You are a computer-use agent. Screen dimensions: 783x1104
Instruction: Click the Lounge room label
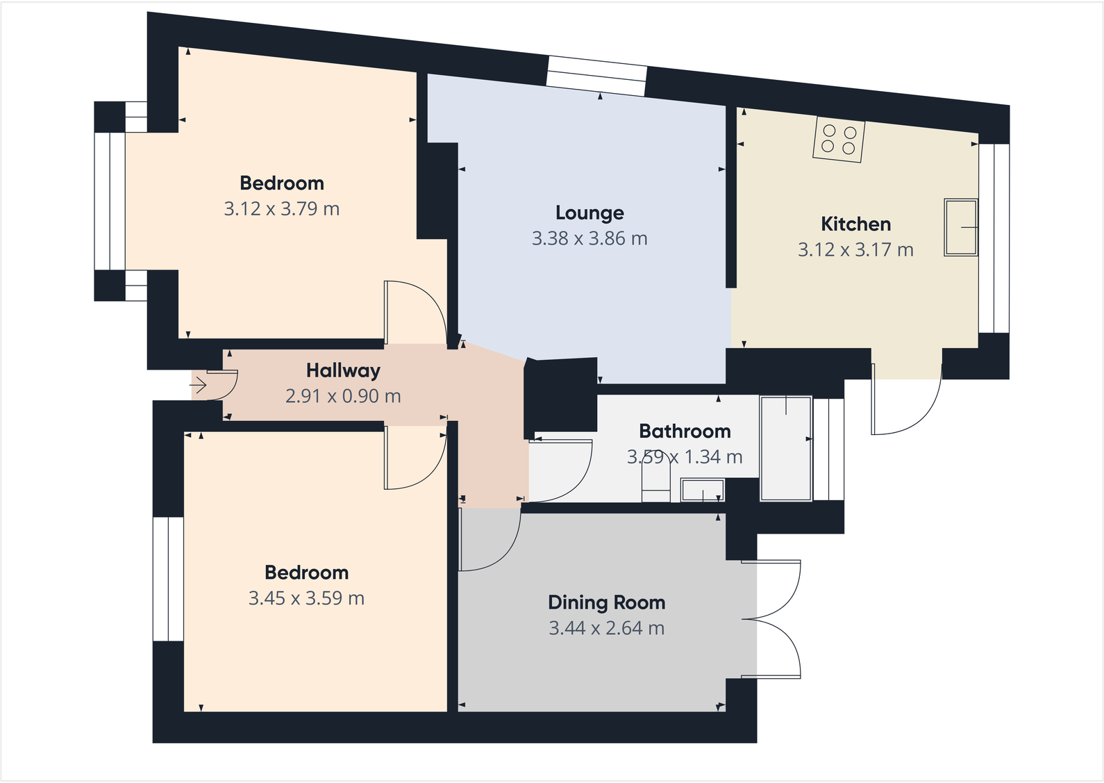(589, 213)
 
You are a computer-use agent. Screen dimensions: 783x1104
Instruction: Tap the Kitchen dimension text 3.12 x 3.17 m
(855, 249)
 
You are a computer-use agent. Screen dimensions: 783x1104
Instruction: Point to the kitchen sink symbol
(961, 227)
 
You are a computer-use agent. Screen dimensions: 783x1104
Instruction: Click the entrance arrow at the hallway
(199, 385)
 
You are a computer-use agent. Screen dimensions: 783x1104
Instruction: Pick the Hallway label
(343, 370)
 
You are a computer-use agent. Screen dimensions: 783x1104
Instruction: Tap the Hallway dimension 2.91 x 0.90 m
(343, 396)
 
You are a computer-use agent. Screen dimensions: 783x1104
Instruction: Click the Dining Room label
(606, 602)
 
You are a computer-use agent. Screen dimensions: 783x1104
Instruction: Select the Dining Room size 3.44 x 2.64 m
(606, 628)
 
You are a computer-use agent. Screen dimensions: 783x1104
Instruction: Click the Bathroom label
(685, 431)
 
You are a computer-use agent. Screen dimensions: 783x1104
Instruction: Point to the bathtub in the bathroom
(786, 448)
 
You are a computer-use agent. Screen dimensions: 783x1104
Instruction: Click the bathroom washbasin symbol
(703, 490)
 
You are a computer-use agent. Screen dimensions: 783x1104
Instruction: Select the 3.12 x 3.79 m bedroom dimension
(281, 208)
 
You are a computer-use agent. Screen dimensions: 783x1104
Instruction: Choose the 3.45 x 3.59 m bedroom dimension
(306, 598)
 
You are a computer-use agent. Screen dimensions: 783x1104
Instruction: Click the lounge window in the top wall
(596, 76)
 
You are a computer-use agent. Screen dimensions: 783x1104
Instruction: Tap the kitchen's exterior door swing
(907, 403)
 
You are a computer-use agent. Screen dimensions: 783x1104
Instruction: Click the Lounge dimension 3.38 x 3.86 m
(589, 238)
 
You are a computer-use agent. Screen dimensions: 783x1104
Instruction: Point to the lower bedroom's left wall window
(168, 579)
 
